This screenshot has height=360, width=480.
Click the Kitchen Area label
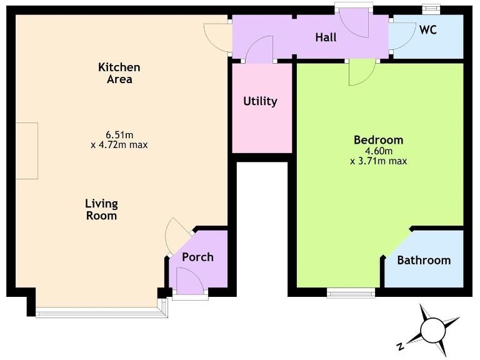(119, 73)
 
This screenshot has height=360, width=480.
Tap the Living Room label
(101, 209)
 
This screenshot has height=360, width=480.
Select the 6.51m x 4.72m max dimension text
(119, 139)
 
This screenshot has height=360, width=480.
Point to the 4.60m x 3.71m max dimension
(378, 156)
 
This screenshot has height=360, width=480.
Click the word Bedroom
(378, 139)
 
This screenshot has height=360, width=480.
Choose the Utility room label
(260, 101)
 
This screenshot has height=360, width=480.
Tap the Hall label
(326, 37)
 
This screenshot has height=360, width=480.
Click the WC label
(427, 30)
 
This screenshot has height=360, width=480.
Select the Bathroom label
(424, 260)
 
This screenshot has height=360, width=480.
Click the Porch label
(197, 257)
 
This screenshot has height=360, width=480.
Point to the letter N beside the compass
(399, 346)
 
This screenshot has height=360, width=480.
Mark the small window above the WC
(431, 9)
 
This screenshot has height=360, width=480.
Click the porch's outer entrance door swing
(190, 279)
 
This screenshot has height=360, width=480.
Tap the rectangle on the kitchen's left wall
(27, 151)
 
